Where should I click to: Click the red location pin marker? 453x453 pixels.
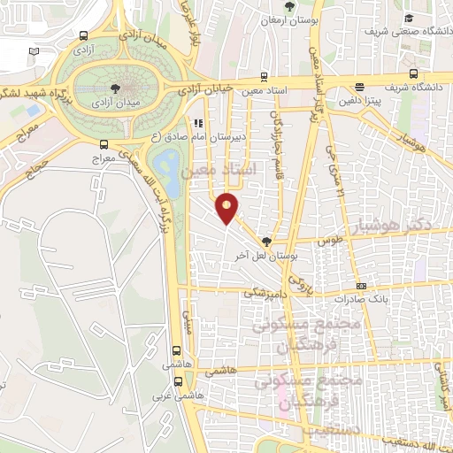pyautogui.click(x=228, y=207)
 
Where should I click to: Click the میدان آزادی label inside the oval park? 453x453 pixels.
pyautogui.click(x=115, y=104)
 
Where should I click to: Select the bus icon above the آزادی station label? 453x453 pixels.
pyautogui.click(x=82, y=37)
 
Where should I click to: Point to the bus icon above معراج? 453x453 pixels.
pyautogui.click(x=104, y=144)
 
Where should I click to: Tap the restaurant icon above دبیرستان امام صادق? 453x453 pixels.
pyautogui.click(x=200, y=124)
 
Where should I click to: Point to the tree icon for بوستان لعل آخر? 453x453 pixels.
pyautogui.click(x=267, y=240)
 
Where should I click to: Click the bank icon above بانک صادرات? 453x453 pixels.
pyautogui.click(x=361, y=286)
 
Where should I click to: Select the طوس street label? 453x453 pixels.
pyautogui.click(x=328, y=241)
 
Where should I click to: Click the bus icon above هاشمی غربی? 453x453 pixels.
pyautogui.click(x=180, y=382)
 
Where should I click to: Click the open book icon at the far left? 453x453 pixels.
pyautogui.click(x=34, y=52)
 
